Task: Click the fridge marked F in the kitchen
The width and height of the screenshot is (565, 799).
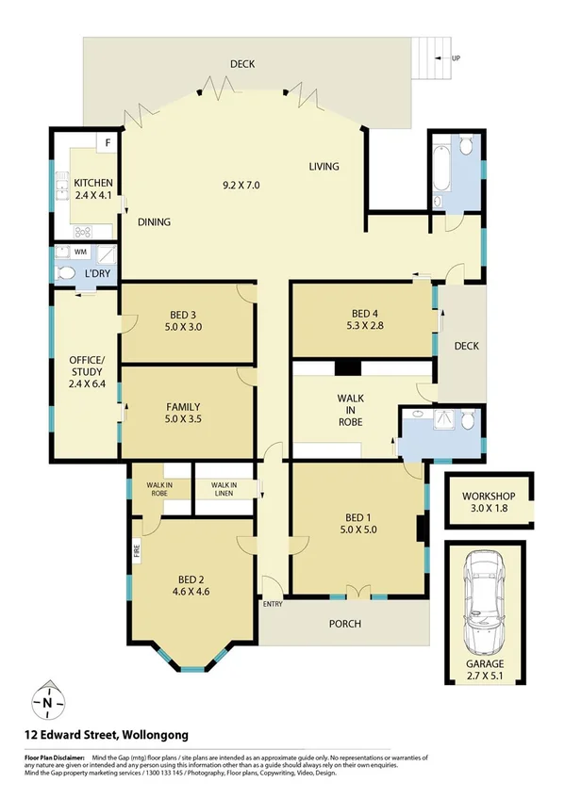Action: pos(108,143)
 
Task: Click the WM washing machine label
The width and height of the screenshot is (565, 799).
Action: pos(81,253)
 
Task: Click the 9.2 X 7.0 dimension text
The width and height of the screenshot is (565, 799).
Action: pos(240,185)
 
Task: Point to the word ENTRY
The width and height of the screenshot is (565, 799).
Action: pos(273,604)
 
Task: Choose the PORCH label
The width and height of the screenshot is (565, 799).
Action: pos(345,623)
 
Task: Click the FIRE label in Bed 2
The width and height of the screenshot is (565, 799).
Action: pos(136,547)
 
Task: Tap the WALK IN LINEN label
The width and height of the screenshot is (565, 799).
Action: pos(218,489)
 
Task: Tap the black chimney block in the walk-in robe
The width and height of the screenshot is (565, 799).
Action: pos(347,368)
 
